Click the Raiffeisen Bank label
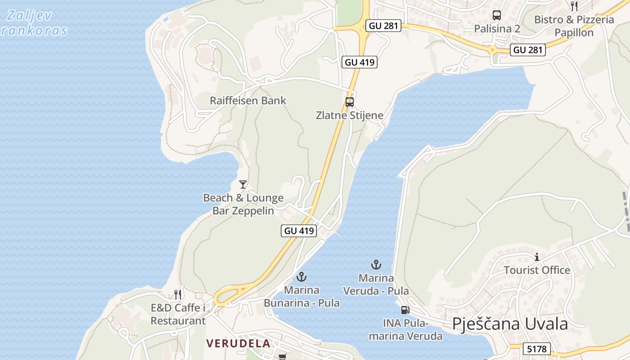pos(248,100)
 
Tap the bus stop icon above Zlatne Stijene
pos(350,102)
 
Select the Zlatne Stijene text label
pos(350,115)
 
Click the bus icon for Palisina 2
pos(497,15)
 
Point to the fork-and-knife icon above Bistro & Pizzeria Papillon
pos(574,6)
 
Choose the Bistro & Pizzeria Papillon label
pos(574,26)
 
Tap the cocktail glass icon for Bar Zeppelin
pos(243,184)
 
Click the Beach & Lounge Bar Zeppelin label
pos(243,204)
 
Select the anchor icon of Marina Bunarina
pos(301,277)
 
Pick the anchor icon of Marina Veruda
pos(376,265)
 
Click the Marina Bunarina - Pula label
pos(301,297)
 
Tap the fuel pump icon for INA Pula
pos(405,310)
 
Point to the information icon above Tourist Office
pos(536,257)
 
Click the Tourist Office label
pos(537,270)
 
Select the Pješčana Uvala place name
pos(510,324)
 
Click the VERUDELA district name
pos(238,343)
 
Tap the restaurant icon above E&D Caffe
pos(178,295)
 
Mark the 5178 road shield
pos(537,349)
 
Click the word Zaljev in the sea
pos(30,16)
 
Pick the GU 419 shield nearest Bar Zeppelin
pos(299,231)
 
